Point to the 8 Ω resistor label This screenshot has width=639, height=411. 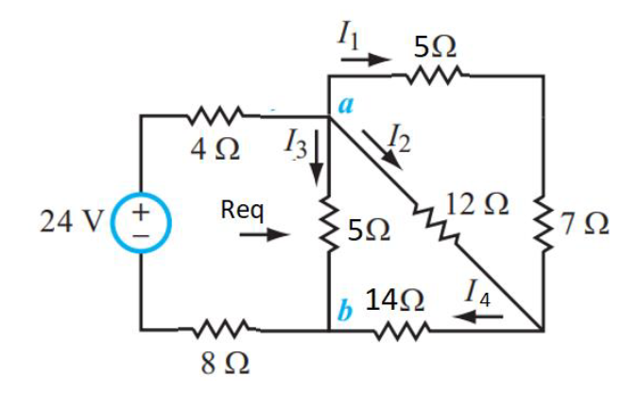[x=217, y=363]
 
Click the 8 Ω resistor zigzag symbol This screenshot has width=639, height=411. [x=218, y=331]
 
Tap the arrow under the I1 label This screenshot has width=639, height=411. [x=366, y=60]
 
